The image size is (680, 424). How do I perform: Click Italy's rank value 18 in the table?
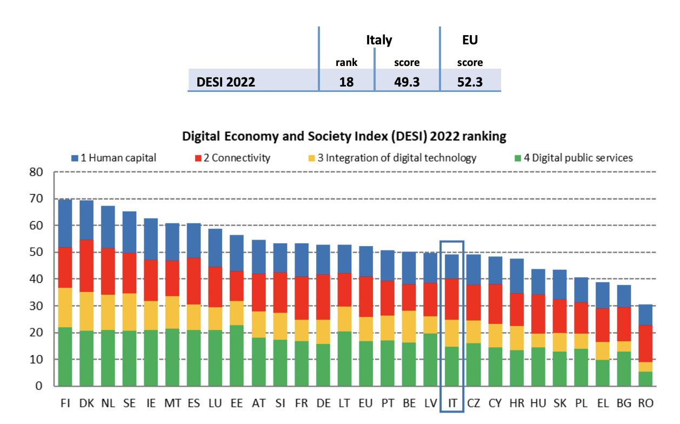click(346, 82)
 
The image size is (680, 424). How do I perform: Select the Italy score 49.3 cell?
click(406, 82)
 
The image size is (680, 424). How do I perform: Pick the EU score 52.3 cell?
click(470, 82)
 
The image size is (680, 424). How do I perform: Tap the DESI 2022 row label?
click(226, 82)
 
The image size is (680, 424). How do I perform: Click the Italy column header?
click(379, 40)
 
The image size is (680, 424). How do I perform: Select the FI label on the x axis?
click(65, 403)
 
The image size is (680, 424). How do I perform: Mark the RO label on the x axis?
click(645, 403)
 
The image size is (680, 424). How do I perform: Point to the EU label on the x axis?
click(366, 403)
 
